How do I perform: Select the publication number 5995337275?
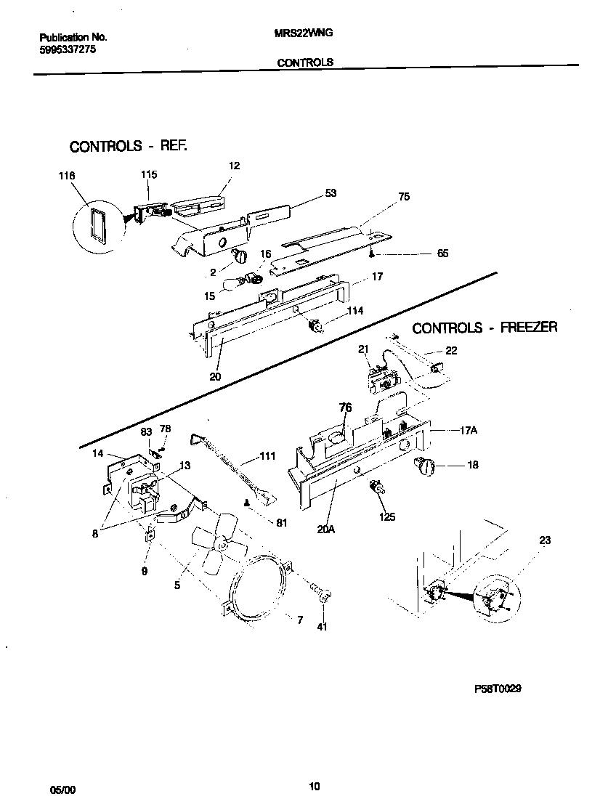[67, 49]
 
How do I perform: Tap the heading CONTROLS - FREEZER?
[485, 328]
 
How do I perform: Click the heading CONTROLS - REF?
[129, 146]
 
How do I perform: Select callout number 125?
[386, 517]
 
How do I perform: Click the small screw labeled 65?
[371, 254]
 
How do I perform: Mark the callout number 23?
[546, 540]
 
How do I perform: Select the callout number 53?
[331, 193]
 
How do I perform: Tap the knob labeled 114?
[317, 327]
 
